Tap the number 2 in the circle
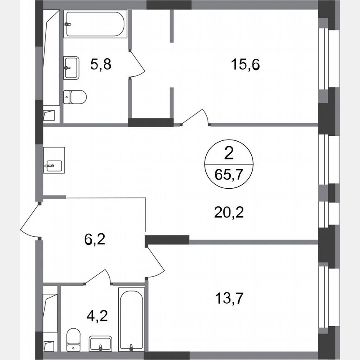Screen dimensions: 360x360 click(x=229, y=154)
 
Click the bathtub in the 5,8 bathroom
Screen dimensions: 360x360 click(x=95, y=24)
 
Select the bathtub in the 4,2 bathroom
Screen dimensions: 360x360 click(x=131, y=319)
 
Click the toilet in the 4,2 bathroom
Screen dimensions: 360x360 click(x=74, y=339)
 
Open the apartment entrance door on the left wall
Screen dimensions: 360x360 click(x=30, y=221)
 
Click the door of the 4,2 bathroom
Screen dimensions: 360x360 click(x=99, y=277)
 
